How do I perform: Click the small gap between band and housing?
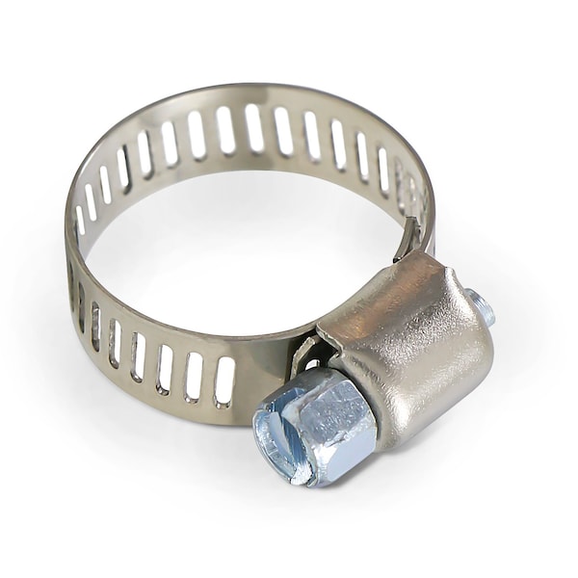pos(306,356)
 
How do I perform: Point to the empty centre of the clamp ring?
pos(241,250)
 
